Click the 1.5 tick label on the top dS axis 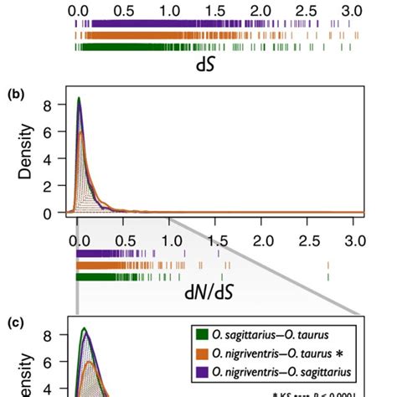coord(215,10)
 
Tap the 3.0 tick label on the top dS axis coord(352,10)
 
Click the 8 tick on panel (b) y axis coord(49,106)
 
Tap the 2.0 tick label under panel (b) coord(262,241)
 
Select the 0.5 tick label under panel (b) coord(124,241)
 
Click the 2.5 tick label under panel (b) coord(308,241)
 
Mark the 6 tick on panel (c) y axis coord(49,363)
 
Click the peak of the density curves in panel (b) coord(79,100)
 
